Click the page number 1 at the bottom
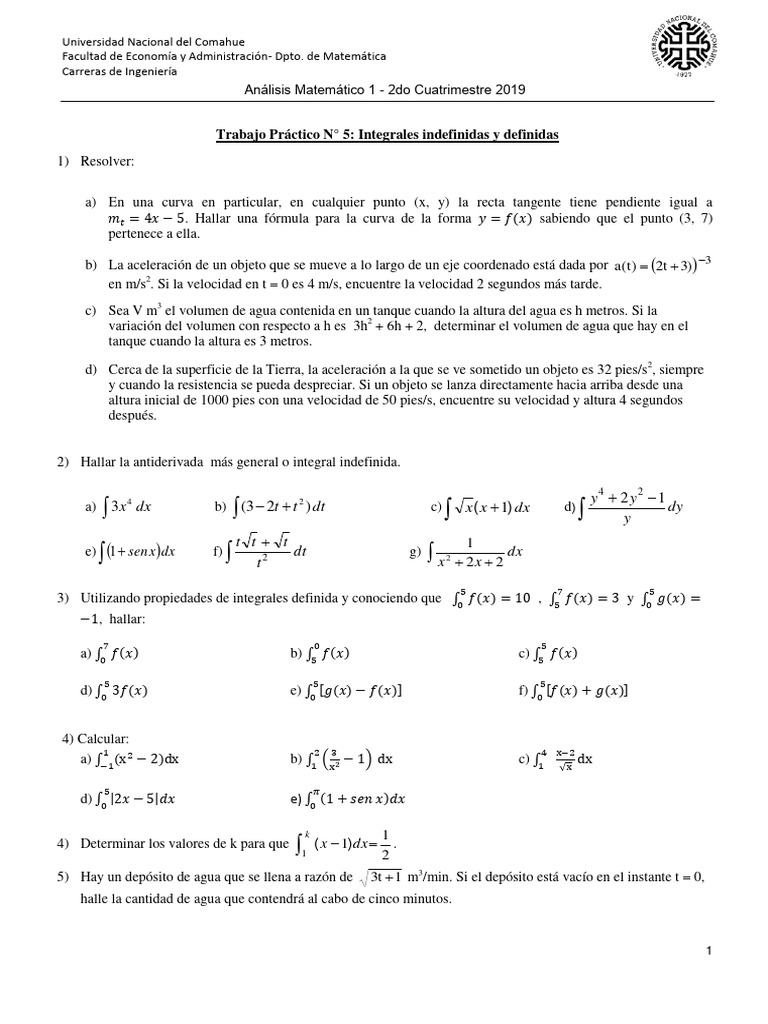pos(706,950)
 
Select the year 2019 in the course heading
pos(510,89)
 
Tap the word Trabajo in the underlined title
pos(242,134)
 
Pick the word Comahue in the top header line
pos(215,42)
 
